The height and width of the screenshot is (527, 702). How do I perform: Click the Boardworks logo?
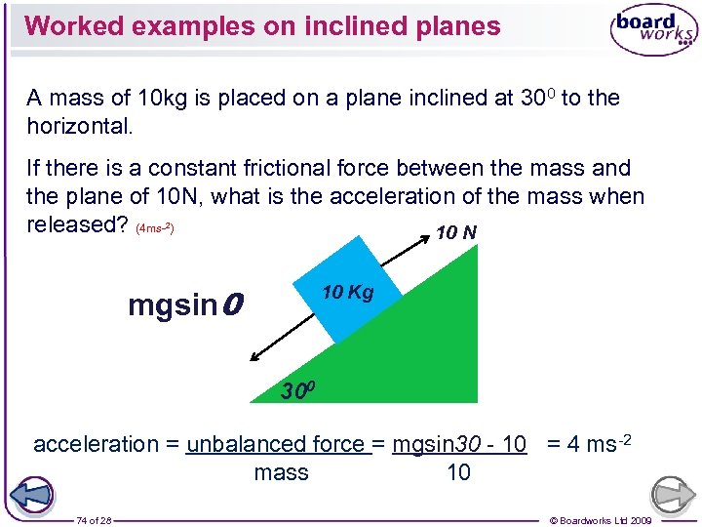click(653, 29)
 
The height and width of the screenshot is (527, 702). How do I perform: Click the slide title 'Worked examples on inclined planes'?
click(262, 25)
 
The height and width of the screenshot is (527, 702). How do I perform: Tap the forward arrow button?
click(673, 494)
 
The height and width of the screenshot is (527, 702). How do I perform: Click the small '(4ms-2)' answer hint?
click(155, 228)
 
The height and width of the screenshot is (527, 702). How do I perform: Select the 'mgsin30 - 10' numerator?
click(459, 444)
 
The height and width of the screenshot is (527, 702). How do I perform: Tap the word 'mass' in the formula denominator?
click(281, 473)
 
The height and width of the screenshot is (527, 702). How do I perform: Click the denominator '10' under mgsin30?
click(458, 473)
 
